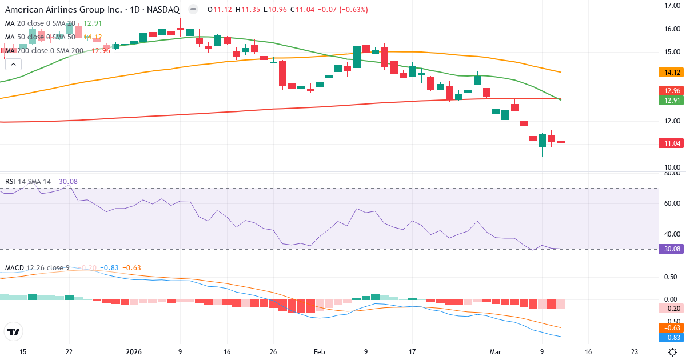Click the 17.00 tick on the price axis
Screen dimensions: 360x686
671,6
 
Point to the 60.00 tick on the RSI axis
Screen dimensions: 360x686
671,203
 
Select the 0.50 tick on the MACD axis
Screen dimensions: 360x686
671,277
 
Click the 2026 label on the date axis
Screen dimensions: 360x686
134,352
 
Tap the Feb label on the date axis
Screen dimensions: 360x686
320,352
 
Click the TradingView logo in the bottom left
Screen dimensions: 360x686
13,331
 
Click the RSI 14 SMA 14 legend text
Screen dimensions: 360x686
28,182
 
